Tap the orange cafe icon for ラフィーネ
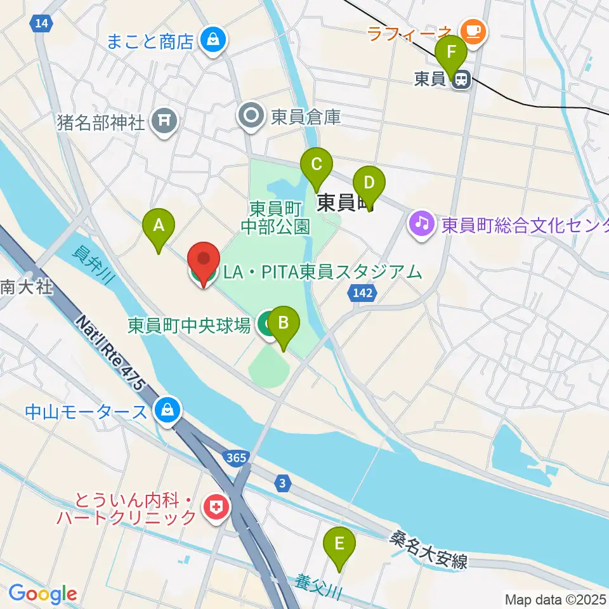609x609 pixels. tap(473, 29)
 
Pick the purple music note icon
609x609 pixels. tap(422, 223)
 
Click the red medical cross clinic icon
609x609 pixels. tap(216, 507)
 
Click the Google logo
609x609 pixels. tap(43, 594)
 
